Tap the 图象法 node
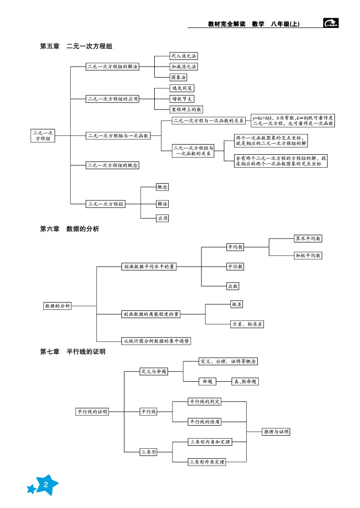pyautogui.click(x=178, y=77)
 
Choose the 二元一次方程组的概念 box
pyautogui.click(x=113, y=165)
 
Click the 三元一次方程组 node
pyautogui.click(x=106, y=204)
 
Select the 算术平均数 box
pyautogui.click(x=308, y=238)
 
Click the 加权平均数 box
pyautogui.click(x=308, y=255)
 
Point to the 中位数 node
pyautogui.click(x=235, y=266)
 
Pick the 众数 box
pyautogui.click(x=233, y=286)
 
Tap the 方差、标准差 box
pyautogui.click(x=247, y=324)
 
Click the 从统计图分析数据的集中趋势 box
pyautogui.click(x=156, y=341)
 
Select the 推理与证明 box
pyautogui.click(x=276, y=432)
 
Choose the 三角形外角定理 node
pyautogui.click(x=207, y=462)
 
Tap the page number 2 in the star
pyautogui.click(x=45, y=485)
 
